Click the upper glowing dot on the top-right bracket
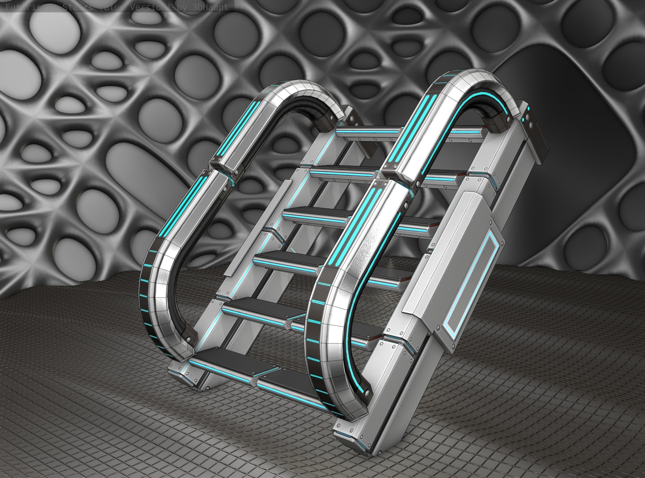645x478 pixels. pyautogui.click(x=528, y=109)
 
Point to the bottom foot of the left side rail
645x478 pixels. pyautogui.click(x=185, y=376)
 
